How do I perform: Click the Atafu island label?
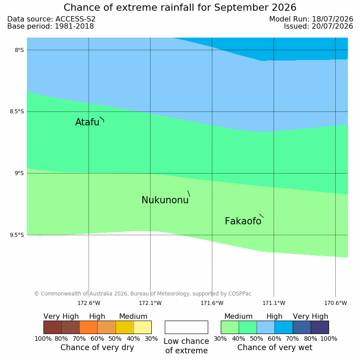click(x=87, y=122)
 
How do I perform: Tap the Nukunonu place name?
click(x=165, y=200)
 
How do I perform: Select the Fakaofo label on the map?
click(x=243, y=221)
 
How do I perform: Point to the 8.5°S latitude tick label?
click(x=17, y=111)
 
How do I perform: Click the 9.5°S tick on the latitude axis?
click(x=17, y=235)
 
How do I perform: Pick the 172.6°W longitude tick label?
click(x=89, y=303)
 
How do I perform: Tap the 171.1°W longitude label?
click(x=274, y=303)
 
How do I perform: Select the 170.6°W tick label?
click(x=335, y=303)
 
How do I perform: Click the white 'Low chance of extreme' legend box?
click(x=186, y=327)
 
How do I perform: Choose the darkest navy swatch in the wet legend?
click(x=320, y=327)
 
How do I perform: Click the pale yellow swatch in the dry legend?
click(x=142, y=327)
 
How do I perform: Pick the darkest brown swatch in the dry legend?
click(x=52, y=327)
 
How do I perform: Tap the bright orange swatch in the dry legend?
click(x=88, y=327)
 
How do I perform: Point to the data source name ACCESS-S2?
click(x=76, y=19)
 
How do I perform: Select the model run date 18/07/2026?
click(x=332, y=19)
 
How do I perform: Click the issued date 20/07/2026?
click(x=332, y=26)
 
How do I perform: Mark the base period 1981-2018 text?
click(x=74, y=26)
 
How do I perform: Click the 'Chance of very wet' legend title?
click(x=275, y=347)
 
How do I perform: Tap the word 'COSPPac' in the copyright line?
click(x=240, y=294)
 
